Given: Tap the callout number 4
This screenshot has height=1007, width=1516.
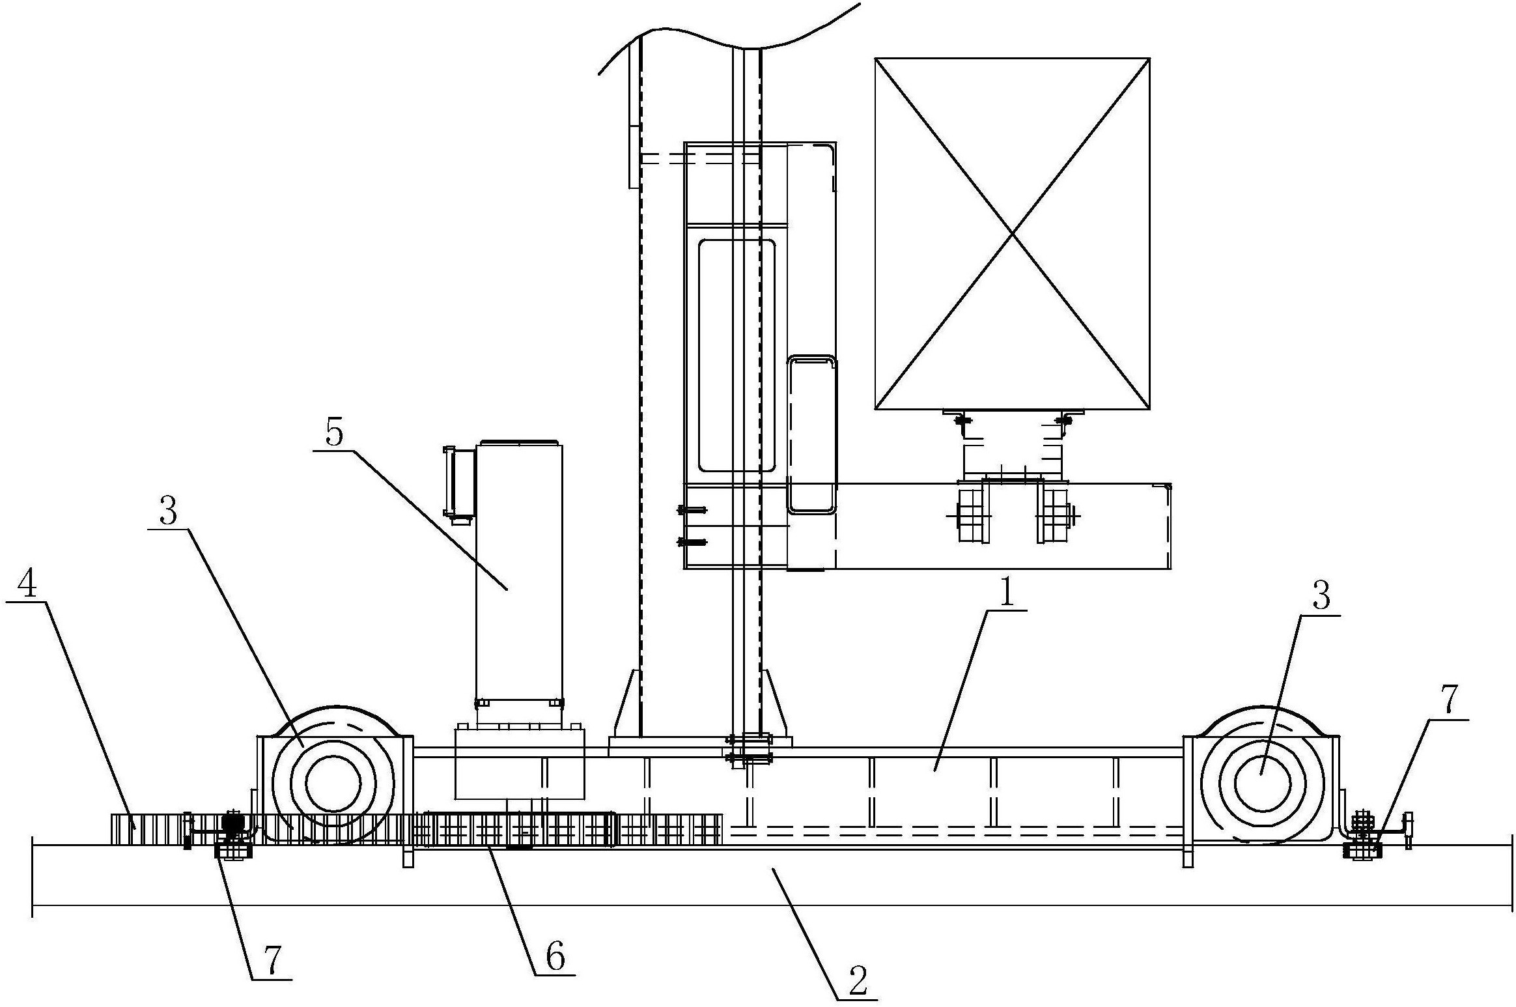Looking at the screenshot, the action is coord(27,587).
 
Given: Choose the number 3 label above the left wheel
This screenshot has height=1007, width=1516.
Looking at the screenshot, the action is coord(168,512).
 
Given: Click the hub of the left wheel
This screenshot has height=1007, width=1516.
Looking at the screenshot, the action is coord(333,784).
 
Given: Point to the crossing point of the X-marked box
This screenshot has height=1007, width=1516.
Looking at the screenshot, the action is coord(1012,234).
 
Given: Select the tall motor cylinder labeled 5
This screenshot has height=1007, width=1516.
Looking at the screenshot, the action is coord(519,573).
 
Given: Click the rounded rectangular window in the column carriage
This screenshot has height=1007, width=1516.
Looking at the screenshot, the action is coord(737,355).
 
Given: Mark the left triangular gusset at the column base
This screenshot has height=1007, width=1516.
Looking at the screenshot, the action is coord(626,703).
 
